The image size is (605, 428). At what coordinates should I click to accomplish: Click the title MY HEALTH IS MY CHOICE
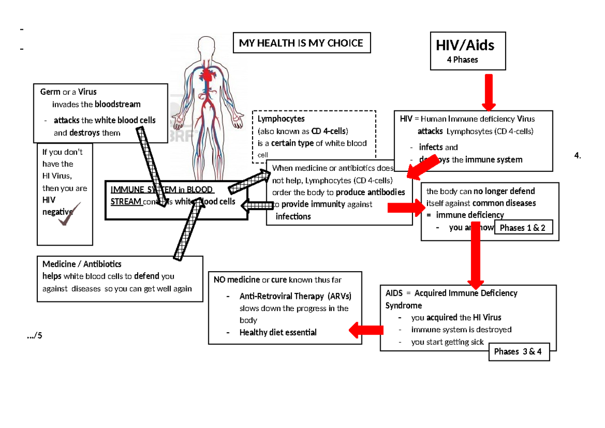coord(301,43)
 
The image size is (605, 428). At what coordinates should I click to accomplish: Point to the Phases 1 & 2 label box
coord(522,228)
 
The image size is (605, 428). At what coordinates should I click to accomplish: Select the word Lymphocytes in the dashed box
coord(281,119)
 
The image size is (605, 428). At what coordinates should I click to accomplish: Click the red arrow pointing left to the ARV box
coord(366,330)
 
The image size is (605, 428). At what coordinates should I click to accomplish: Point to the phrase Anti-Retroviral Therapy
coord(283,296)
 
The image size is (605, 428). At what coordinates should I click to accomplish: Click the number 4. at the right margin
coord(577,156)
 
